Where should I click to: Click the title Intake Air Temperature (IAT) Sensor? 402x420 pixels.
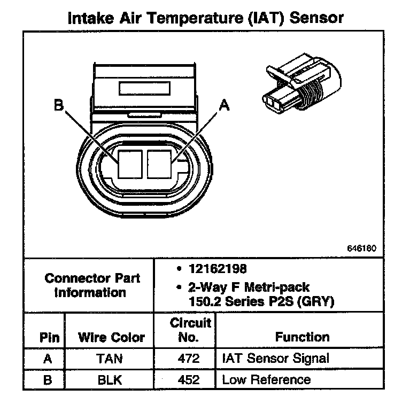(206, 18)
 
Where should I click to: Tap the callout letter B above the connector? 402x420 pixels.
(58, 106)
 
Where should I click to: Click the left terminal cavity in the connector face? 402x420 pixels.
(130, 164)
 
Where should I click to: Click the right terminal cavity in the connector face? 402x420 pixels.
(159, 164)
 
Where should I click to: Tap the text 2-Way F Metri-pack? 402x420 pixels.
(249, 288)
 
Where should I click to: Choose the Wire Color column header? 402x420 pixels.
(111, 338)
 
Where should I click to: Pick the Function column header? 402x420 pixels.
(302, 337)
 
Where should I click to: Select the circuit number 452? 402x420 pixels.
(188, 380)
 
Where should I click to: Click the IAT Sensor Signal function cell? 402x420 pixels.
(275, 359)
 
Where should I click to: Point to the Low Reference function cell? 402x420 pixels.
(266, 380)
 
